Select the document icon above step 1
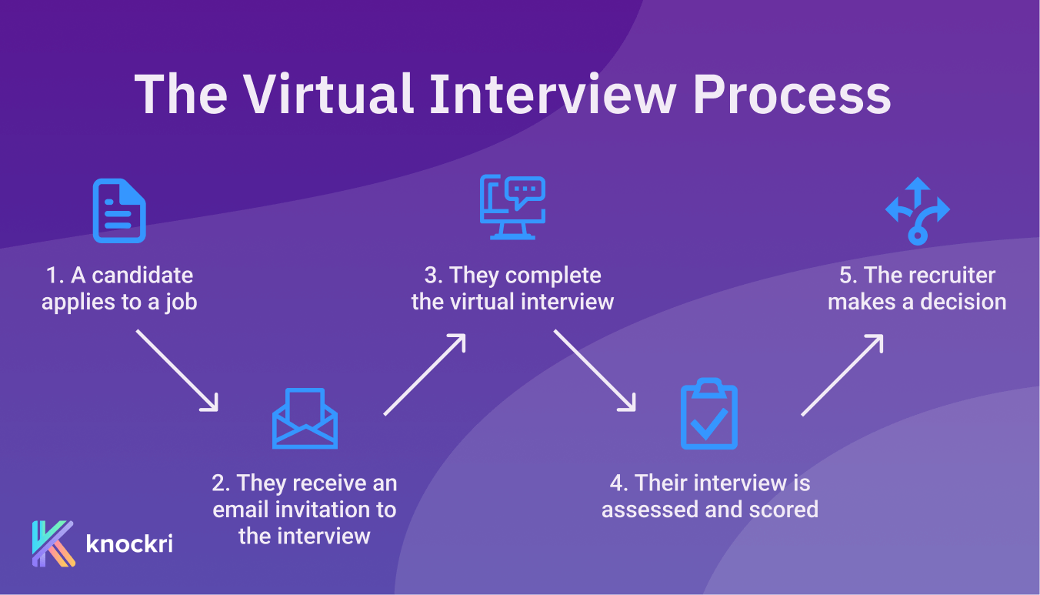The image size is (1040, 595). [119, 210]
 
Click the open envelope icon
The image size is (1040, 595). [305, 418]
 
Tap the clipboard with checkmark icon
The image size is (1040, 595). [709, 414]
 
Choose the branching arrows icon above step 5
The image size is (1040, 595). [917, 210]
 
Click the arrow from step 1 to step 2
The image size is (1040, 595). [178, 370]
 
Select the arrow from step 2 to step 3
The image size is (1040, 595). [425, 374]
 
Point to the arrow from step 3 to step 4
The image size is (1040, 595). [595, 370]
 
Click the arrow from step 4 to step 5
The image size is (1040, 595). [842, 374]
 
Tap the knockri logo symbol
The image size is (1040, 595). [53, 543]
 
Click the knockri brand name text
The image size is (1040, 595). [129, 543]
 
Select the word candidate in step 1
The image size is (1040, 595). [143, 276]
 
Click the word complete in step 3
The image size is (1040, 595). [554, 276]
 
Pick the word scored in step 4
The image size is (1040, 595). [783, 510]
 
